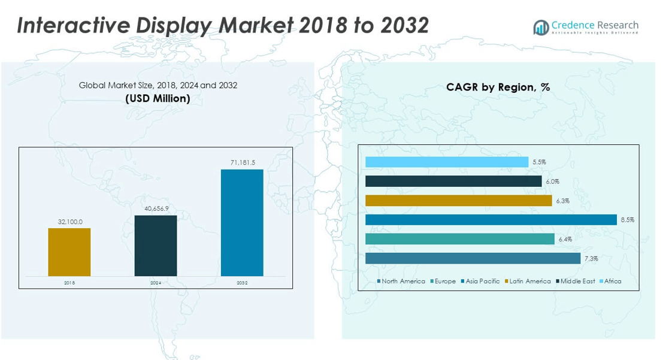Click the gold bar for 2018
pos(69,252)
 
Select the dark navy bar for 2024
pos(156,246)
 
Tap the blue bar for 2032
pos(242,222)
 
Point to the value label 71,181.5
pos(243,162)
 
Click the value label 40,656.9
pos(156,208)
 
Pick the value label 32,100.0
pos(70,222)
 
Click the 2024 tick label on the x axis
pos(156,282)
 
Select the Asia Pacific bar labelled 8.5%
pos(491,220)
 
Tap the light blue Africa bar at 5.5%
pos(447,162)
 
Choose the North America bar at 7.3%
pos(473,258)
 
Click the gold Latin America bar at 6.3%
pos(458,201)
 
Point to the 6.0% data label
pos(552,181)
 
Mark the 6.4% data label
pos(565,239)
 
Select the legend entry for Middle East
pos(577,282)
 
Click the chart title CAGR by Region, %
pos(498,87)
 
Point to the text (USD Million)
pos(158,99)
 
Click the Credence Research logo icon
pos(541,28)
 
